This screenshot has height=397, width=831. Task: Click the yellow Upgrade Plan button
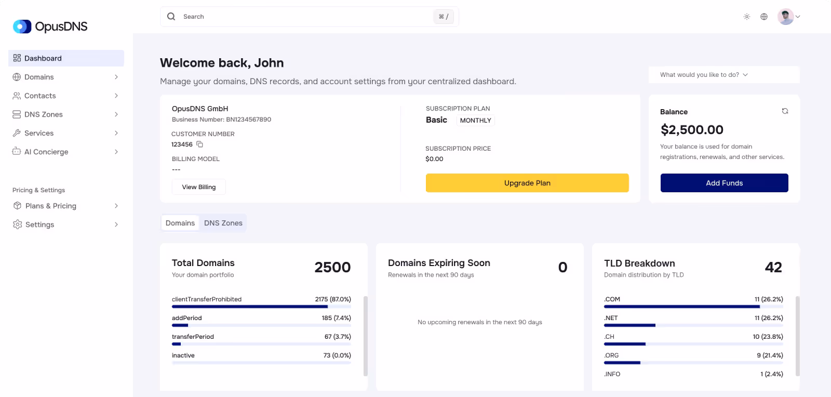click(527, 183)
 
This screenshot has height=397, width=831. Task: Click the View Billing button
click(199, 187)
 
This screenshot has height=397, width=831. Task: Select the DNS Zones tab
click(223, 223)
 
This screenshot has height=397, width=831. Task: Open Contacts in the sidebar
click(40, 96)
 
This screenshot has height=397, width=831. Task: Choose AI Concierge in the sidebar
click(46, 152)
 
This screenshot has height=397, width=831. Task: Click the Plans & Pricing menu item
click(51, 206)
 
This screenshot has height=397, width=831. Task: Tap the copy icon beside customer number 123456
click(199, 144)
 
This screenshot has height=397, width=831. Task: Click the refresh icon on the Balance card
click(785, 111)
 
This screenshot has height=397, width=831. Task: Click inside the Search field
click(306, 17)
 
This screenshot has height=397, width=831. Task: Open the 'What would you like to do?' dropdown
click(704, 75)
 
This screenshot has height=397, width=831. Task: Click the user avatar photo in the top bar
click(785, 17)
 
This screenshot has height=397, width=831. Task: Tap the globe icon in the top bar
click(764, 17)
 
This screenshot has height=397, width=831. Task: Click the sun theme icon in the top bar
click(747, 17)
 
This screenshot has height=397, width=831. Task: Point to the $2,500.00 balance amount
click(692, 130)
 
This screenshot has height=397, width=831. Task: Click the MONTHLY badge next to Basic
click(475, 121)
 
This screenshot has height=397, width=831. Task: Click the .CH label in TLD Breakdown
click(609, 337)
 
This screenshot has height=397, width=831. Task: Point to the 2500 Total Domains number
click(332, 267)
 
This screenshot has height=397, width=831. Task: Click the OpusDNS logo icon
click(22, 27)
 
